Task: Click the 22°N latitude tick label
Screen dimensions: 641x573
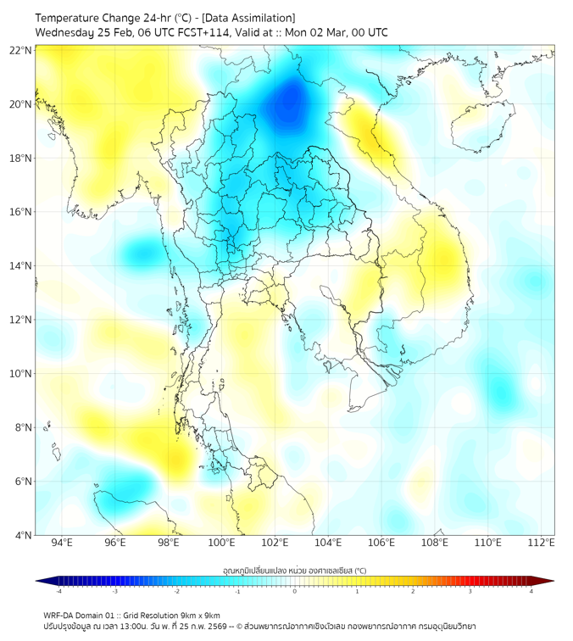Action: (x=20, y=51)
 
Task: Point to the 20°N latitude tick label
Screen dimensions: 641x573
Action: (x=20, y=104)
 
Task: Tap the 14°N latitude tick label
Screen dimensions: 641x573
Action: (x=20, y=266)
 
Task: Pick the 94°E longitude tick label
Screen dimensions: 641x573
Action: (x=62, y=543)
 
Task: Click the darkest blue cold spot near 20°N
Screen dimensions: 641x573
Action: (x=289, y=103)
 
